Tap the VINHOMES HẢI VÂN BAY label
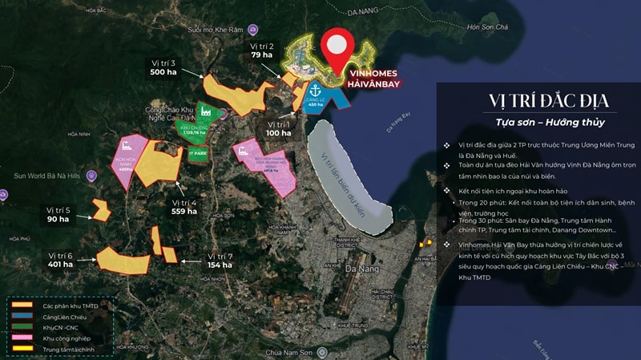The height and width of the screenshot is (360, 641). [x=374, y=77]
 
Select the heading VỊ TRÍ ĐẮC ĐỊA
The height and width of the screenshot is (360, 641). [x=538, y=101]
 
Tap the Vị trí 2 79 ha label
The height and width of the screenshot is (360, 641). [x=262, y=51]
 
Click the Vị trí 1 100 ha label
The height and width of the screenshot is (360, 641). [x=279, y=128]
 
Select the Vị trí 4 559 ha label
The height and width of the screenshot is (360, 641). [x=184, y=207]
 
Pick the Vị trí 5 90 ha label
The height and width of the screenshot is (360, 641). [x=58, y=214]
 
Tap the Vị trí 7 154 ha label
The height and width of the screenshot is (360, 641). [x=220, y=261]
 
